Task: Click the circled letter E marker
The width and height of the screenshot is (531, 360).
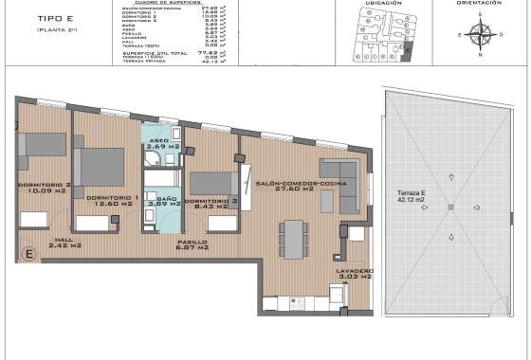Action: click(28, 253)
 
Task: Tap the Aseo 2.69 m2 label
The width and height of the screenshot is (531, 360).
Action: click(158, 147)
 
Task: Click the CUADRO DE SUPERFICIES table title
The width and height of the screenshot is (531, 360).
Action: click(179, 3)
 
